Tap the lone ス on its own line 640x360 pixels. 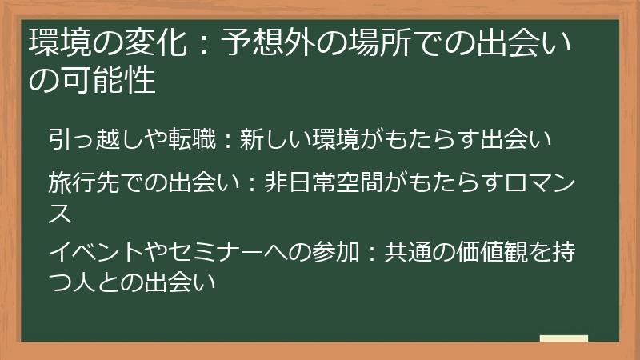(x=60, y=213)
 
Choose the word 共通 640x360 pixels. (x=407, y=252)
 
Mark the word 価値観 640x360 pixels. (x=492, y=252)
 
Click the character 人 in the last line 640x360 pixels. (x=84, y=282)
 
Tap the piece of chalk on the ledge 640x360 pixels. (x=564, y=338)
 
